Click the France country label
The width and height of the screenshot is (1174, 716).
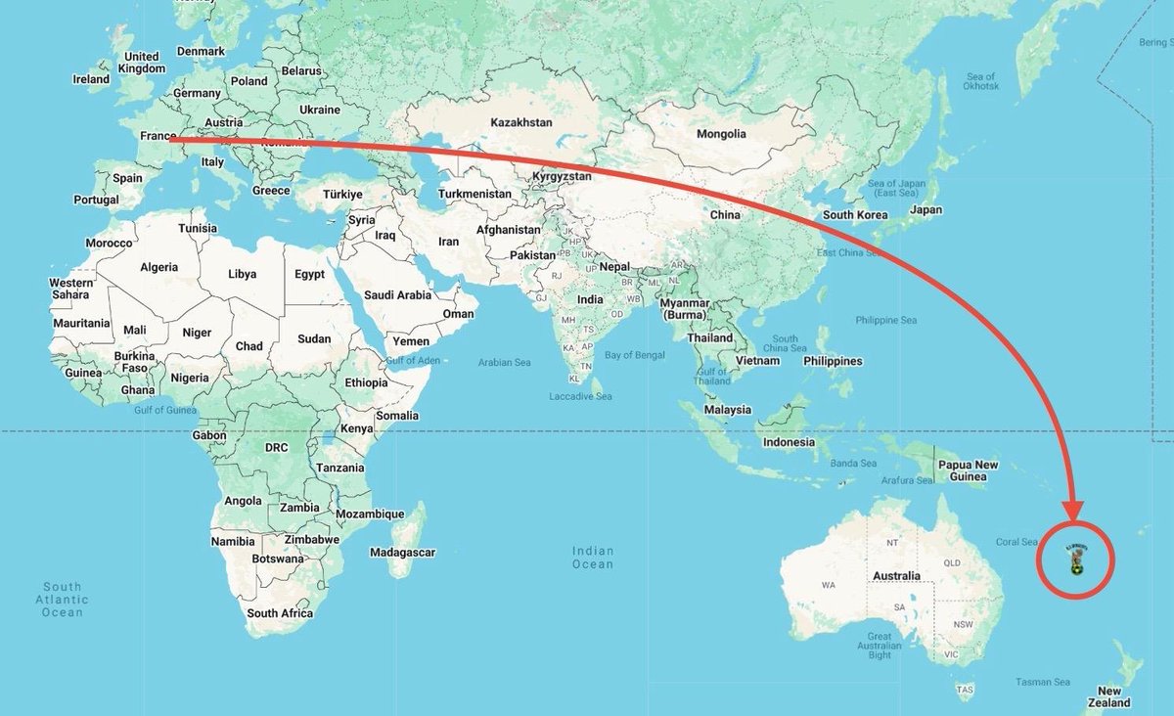coord(158,137)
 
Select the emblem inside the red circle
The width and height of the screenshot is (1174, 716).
coord(1075,559)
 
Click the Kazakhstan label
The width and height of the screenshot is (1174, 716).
coord(520,122)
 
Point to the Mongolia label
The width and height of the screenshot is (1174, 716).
coord(720,134)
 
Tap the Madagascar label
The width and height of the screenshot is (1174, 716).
coord(402,553)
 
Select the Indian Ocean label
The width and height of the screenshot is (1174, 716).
coord(593,558)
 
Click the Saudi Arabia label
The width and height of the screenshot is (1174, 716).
coord(397,294)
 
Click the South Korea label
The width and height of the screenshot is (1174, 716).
coord(854,215)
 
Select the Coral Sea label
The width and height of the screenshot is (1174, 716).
coord(1016,542)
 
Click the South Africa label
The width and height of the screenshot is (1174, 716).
coord(280,613)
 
